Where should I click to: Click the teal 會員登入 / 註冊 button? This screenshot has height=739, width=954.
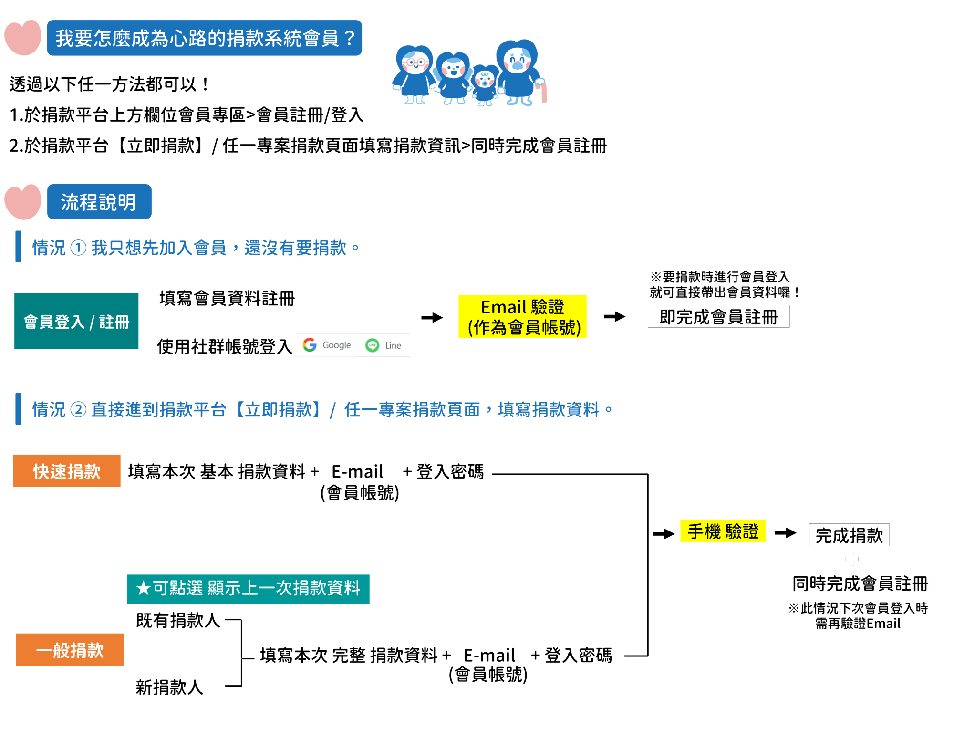tap(76, 321)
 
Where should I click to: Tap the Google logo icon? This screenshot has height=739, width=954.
tap(310, 344)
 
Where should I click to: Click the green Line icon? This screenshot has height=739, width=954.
tap(372, 345)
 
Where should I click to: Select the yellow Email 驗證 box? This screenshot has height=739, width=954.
tap(522, 317)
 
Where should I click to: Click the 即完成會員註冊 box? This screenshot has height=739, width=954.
tap(718, 317)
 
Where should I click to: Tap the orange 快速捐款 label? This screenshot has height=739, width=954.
tap(67, 471)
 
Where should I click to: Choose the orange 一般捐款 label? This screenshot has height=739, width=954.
tap(70, 649)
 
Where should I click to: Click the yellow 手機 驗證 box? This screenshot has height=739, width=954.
tap(723, 531)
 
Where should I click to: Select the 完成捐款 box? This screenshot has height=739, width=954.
tap(849, 535)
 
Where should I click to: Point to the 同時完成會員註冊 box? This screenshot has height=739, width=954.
tap(860, 583)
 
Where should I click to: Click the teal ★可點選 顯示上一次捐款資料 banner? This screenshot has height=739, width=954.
tap(248, 588)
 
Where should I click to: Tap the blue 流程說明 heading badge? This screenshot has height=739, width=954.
tap(99, 202)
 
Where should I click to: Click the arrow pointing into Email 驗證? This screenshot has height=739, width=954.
tap(432, 317)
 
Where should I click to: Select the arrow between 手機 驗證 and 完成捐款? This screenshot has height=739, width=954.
tap(786, 532)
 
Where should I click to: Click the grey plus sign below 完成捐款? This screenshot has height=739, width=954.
tap(852, 558)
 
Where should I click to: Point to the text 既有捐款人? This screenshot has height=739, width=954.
tap(178, 620)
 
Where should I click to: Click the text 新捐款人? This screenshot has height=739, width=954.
tap(169, 687)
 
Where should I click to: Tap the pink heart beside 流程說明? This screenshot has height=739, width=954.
tap(23, 202)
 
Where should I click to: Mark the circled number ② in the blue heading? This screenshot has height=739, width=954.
tap(78, 409)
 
